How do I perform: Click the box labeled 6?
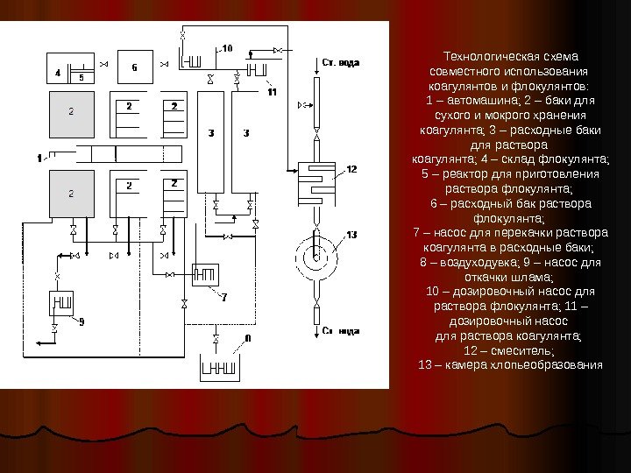click(134, 67)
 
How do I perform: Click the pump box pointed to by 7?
click(203, 276)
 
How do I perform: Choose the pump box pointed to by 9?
click(61, 305)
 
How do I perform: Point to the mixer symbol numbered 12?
click(316, 180)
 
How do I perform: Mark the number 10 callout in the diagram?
click(227, 47)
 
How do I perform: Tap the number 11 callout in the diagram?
click(272, 91)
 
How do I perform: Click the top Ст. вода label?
click(342, 62)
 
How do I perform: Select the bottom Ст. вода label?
click(341, 331)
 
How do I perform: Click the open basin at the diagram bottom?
click(223, 365)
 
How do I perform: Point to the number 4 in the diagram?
click(58, 73)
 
